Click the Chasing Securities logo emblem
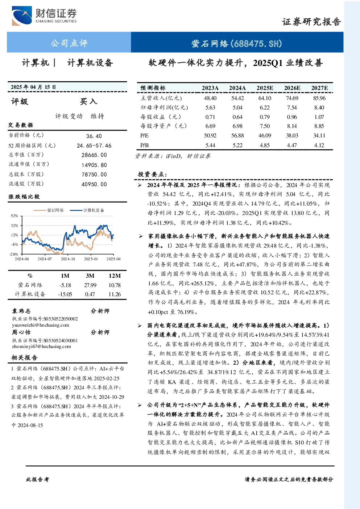point(22,16)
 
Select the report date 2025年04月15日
point(33,87)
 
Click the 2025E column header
point(265,88)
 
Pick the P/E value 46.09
point(265,136)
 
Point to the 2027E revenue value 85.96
point(319,98)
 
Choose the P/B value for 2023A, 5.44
point(210,145)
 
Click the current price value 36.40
point(94,136)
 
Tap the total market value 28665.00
point(94,155)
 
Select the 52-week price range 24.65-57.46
point(94,146)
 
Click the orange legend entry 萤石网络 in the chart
point(49,210)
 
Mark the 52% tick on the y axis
point(15,216)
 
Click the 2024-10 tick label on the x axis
point(68,259)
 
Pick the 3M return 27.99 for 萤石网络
point(90,285)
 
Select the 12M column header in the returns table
point(115,276)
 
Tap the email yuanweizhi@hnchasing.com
point(41,325)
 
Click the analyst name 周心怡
point(21,332)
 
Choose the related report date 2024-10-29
point(112,397)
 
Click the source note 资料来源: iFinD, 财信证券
point(173,156)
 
